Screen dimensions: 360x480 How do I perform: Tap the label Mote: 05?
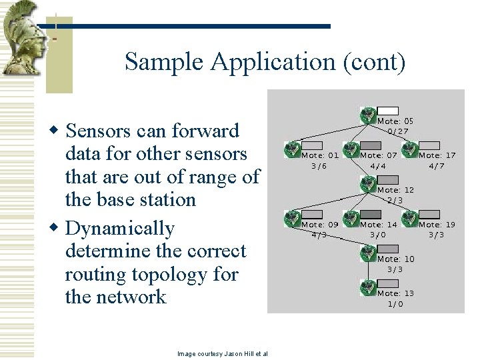click(x=395, y=121)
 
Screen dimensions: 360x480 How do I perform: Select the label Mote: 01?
click(x=320, y=155)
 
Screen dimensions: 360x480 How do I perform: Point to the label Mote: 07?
click(x=379, y=155)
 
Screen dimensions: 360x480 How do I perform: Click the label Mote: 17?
click(x=437, y=155)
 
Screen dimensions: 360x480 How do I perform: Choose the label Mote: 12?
click(x=395, y=190)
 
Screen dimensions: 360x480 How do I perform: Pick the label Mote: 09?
click(x=320, y=225)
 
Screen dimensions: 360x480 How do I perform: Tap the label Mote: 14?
click(x=379, y=225)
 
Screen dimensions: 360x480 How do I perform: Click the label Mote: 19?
click(x=437, y=225)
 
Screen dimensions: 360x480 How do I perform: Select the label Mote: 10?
click(x=395, y=259)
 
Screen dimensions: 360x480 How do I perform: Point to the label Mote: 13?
click(x=395, y=293)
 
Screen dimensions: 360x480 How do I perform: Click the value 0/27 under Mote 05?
click(x=398, y=131)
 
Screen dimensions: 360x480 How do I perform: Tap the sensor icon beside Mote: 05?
click(x=369, y=115)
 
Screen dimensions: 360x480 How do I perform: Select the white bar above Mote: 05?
click(x=388, y=111)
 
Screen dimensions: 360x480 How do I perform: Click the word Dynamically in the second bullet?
click(x=120, y=229)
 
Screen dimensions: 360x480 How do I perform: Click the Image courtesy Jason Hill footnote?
click(x=223, y=353)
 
